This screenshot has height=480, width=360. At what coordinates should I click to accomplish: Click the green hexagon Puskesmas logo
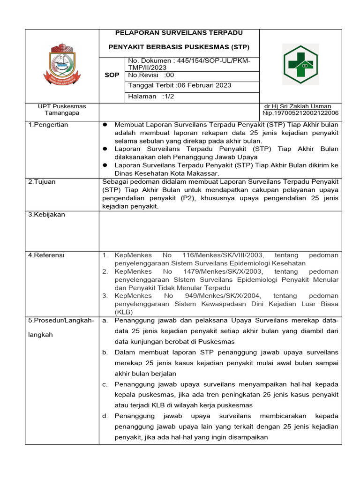point(300,64)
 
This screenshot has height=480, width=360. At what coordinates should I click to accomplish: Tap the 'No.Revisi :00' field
point(151,75)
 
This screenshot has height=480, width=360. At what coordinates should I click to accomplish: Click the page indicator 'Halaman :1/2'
point(148,96)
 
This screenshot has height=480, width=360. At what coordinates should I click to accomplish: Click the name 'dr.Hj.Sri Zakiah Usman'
point(298,106)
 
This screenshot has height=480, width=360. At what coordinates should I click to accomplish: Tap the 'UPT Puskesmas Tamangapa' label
point(62,110)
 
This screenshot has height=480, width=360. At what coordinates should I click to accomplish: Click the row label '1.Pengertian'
point(48,125)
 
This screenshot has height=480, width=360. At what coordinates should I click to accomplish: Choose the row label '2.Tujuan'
point(41,181)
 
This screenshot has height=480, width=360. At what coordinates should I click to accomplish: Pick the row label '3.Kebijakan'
point(46,214)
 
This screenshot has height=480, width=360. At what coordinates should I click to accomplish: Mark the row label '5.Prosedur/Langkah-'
point(61,320)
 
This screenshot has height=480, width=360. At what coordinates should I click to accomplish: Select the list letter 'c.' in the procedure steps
point(105,384)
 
